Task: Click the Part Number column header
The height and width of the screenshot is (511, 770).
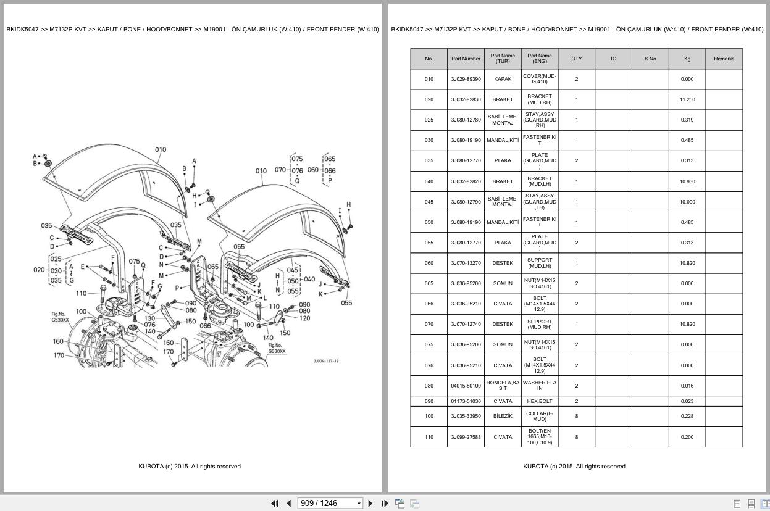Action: pyautogui.click(x=466, y=59)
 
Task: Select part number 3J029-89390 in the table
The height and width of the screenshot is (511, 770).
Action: pyautogui.click(x=466, y=79)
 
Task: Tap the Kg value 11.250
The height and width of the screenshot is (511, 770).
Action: pyautogui.click(x=687, y=99)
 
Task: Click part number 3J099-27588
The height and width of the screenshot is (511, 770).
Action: pyautogui.click(x=466, y=437)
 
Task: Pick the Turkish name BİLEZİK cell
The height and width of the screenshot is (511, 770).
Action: pyautogui.click(x=503, y=416)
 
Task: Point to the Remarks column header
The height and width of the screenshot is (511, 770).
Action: pyautogui.click(x=724, y=59)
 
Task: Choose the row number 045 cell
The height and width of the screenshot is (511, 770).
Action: pyautogui.click(x=429, y=202)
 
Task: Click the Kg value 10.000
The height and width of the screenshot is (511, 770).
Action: pyautogui.click(x=687, y=202)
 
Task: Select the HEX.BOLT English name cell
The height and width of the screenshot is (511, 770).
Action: pyautogui.click(x=539, y=401)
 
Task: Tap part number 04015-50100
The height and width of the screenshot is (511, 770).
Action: pyautogui.click(x=466, y=386)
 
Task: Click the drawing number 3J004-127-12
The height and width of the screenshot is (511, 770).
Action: pyautogui.click(x=325, y=361)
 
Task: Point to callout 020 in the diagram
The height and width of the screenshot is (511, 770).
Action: pyautogui.click(x=39, y=270)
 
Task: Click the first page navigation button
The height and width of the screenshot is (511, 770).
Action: pyautogui.click(x=275, y=503)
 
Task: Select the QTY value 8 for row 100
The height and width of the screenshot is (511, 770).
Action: pyautogui.click(x=576, y=416)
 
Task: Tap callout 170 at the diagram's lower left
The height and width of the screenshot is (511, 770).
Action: pyautogui.click(x=59, y=355)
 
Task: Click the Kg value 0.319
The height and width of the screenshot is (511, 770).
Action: pyautogui.click(x=687, y=120)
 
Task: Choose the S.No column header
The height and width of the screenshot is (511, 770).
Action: pyautogui.click(x=650, y=59)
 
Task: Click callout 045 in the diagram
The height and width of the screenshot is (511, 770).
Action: pyautogui.click(x=293, y=270)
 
